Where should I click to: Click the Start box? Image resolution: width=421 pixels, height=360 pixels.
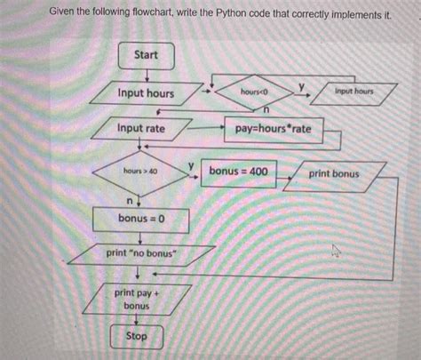pyautogui.click(x=146, y=55)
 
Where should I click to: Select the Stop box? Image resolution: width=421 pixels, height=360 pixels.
pyautogui.click(x=137, y=337)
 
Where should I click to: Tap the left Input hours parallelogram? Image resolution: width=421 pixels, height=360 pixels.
pyautogui.click(x=146, y=93)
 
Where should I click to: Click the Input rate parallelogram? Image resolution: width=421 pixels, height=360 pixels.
pyautogui.click(x=141, y=129)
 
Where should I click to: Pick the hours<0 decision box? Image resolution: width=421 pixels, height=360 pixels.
pyautogui.click(x=253, y=92)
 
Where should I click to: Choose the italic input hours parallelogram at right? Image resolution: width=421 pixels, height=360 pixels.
pyautogui.click(x=353, y=92)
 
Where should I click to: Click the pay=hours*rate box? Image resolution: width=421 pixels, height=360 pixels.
pyautogui.click(x=273, y=130)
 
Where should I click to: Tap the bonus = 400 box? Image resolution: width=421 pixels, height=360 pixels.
pyautogui.click(x=237, y=171)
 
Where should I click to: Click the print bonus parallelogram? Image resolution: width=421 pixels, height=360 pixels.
pyautogui.click(x=334, y=174)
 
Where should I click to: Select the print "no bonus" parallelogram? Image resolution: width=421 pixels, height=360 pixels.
pyautogui.click(x=142, y=254)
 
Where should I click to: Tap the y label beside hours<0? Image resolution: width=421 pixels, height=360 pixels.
pyautogui.click(x=301, y=85)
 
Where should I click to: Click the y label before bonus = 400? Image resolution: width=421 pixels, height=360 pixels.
pyautogui.click(x=191, y=166)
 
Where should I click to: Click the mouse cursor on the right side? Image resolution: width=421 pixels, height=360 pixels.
pyautogui.click(x=336, y=250)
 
